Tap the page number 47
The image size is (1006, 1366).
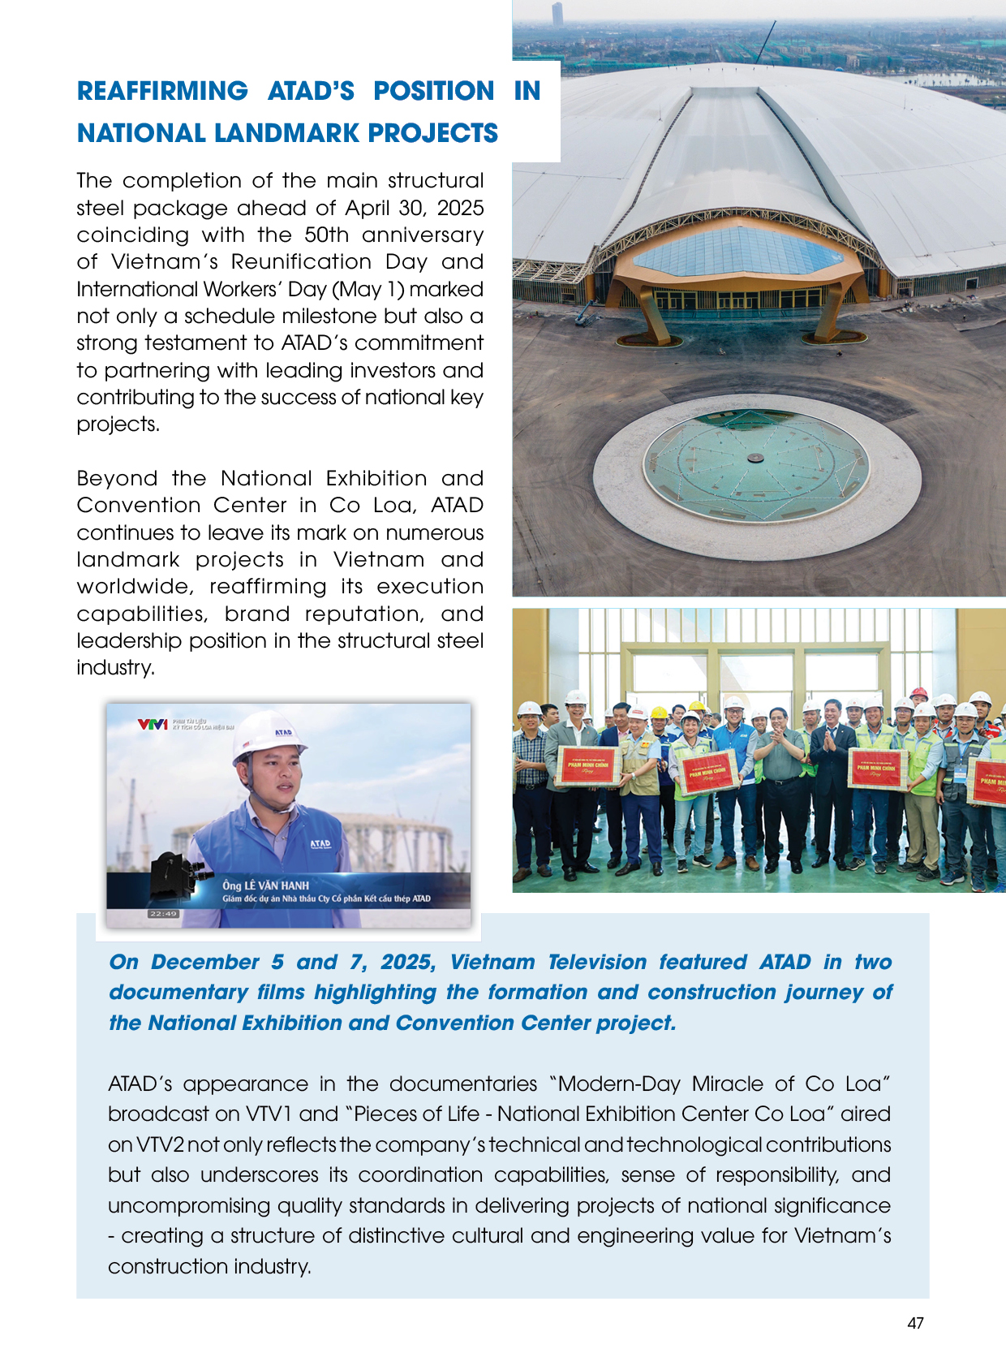coord(915,1323)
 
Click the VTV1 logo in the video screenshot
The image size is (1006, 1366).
coord(152,724)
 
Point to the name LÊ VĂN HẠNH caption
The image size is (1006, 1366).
coord(266,886)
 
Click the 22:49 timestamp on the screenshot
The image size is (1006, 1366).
coord(163,914)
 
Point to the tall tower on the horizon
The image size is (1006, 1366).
coord(557,14)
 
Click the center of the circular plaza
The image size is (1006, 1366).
coord(756,459)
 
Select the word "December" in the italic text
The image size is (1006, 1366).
coord(204,963)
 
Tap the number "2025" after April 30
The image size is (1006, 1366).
coord(460,208)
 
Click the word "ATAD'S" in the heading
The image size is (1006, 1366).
coord(311,91)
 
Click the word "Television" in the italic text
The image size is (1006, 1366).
coord(596,963)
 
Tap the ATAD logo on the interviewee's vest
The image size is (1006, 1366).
coord(320,844)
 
